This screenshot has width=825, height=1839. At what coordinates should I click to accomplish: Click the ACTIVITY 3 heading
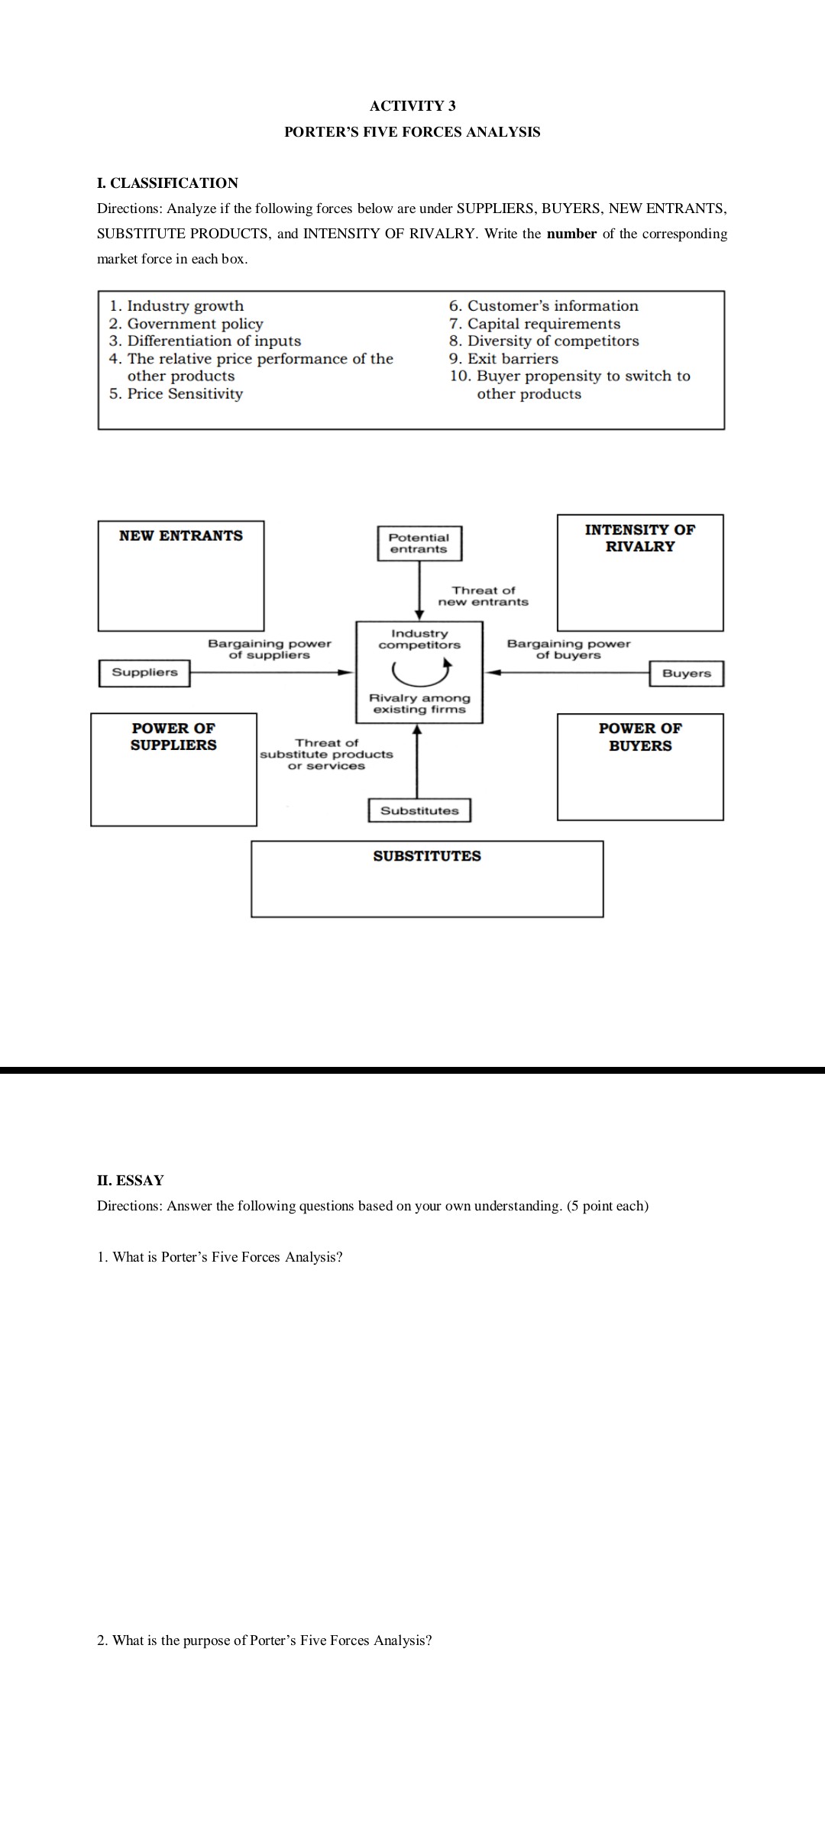tap(412, 106)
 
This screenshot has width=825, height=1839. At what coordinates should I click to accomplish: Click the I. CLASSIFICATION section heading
tap(167, 183)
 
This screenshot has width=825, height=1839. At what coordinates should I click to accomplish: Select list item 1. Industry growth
tap(176, 306)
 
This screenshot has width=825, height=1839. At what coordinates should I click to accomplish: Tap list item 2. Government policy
tap(186, 324)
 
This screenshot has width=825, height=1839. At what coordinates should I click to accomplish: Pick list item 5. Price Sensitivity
tap(176, 394)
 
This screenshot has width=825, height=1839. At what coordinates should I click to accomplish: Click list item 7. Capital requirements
tap(535, 324)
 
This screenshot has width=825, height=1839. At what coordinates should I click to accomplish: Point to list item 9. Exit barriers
tap(503, 359)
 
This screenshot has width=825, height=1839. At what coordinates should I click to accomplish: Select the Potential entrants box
tap(419, 543)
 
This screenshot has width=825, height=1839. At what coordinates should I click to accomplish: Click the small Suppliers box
tap(144, 673)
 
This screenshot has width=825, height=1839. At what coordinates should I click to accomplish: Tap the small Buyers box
tap(686, 674)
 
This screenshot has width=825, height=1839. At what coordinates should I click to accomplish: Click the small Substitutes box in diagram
tap(419, 810)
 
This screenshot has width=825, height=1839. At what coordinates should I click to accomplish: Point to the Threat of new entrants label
tap(483, 596)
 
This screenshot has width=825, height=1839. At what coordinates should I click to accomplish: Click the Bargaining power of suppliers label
tap(270, 649)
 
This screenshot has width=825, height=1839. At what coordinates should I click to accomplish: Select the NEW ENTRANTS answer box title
tap(181, 536)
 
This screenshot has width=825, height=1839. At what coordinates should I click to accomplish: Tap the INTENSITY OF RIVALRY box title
tap(640, 538)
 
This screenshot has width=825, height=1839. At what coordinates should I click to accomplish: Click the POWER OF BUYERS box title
tap(640, 737)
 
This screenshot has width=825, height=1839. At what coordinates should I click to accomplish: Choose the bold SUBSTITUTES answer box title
tap(427, 856)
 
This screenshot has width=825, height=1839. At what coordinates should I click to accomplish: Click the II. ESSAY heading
tap(131, 1181)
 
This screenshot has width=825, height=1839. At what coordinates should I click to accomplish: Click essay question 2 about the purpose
tap(264, 1640)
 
